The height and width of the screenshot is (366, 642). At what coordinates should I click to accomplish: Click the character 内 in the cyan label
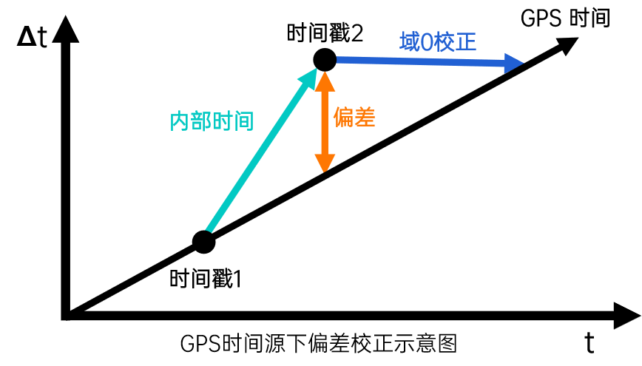click(180, 121)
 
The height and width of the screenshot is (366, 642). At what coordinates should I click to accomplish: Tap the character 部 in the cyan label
click(200, 121)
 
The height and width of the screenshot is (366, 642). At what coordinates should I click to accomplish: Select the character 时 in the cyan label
click(222, 121)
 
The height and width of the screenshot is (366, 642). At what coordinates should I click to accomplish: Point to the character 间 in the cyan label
click(243, 121)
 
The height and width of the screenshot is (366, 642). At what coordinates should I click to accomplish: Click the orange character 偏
click(344, 117)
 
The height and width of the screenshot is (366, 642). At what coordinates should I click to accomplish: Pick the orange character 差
click(365, 117)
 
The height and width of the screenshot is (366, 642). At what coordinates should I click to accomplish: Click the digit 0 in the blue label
click(426, 42)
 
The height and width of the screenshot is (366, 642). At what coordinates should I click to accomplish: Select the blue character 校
click(445, 41)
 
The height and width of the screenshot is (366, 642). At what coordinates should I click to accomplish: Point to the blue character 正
click(466, 41)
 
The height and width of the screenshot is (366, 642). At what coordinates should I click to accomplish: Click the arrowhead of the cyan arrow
click(309, 77)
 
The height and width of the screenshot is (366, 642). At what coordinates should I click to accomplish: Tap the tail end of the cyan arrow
click(209, 230)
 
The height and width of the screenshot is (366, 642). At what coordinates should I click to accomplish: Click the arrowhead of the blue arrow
click(513, 63)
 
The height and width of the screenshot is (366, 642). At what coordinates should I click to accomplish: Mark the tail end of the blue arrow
click(339, 59)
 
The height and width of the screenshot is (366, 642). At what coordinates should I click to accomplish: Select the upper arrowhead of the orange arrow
click(325, 81)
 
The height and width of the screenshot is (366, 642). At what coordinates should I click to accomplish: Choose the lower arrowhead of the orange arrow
click(325, 163)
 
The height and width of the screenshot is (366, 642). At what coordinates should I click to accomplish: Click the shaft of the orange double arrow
click(325, 122)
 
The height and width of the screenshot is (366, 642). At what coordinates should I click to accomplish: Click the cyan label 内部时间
click(212, 121)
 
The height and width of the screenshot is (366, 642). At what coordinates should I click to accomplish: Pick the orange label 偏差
click(354, 117)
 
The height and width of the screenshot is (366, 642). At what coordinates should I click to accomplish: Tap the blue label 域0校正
click(438, 41)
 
